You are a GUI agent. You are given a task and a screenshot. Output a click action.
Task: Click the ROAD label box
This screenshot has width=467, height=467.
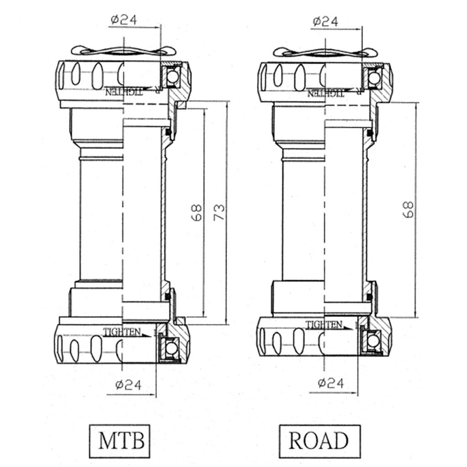pos(319,441)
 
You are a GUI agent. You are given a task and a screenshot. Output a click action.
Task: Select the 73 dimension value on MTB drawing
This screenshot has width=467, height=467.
pos(219,212)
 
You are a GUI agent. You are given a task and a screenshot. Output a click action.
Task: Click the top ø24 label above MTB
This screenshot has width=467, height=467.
pos(124,20)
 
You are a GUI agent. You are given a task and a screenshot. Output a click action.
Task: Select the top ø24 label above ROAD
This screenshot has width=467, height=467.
pos(325,21)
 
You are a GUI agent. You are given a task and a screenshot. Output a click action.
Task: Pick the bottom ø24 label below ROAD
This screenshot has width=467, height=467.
pos(330,383)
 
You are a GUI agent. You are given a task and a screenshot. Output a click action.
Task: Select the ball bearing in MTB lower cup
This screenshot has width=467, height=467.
pos(171,348)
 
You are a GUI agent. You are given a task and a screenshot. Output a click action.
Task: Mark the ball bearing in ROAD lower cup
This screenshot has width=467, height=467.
pos(373,341)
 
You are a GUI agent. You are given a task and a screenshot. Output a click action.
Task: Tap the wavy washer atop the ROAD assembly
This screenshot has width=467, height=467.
pos(321,52)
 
